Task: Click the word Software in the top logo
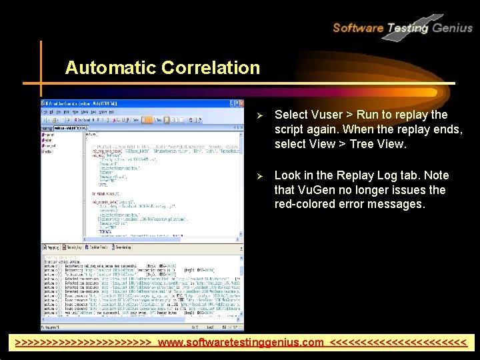[x=357, y=28]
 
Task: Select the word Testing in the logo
[x=407, y=28]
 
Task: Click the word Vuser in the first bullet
[x=327, y=114]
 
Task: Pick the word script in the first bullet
[x=291, y=129]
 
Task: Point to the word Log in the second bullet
[x=387, y=175]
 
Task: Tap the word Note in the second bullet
[x=435, y=175]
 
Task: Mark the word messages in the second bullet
[x=397, y=205]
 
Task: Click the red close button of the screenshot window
[x=240, y=104]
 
